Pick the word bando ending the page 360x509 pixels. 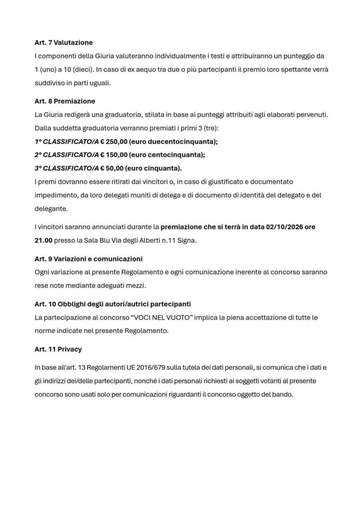(x=283, y=395)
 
